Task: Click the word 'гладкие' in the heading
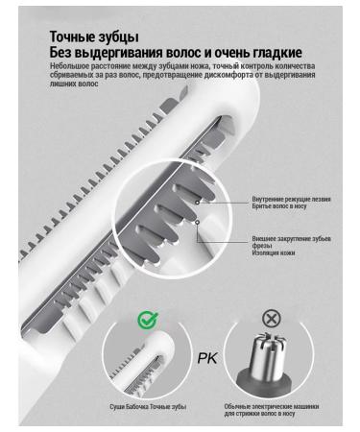tap(275, 52)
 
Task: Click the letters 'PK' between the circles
tap(207, 358)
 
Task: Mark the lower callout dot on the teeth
tap(198, 222)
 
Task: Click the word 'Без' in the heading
tap(63, 52)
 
